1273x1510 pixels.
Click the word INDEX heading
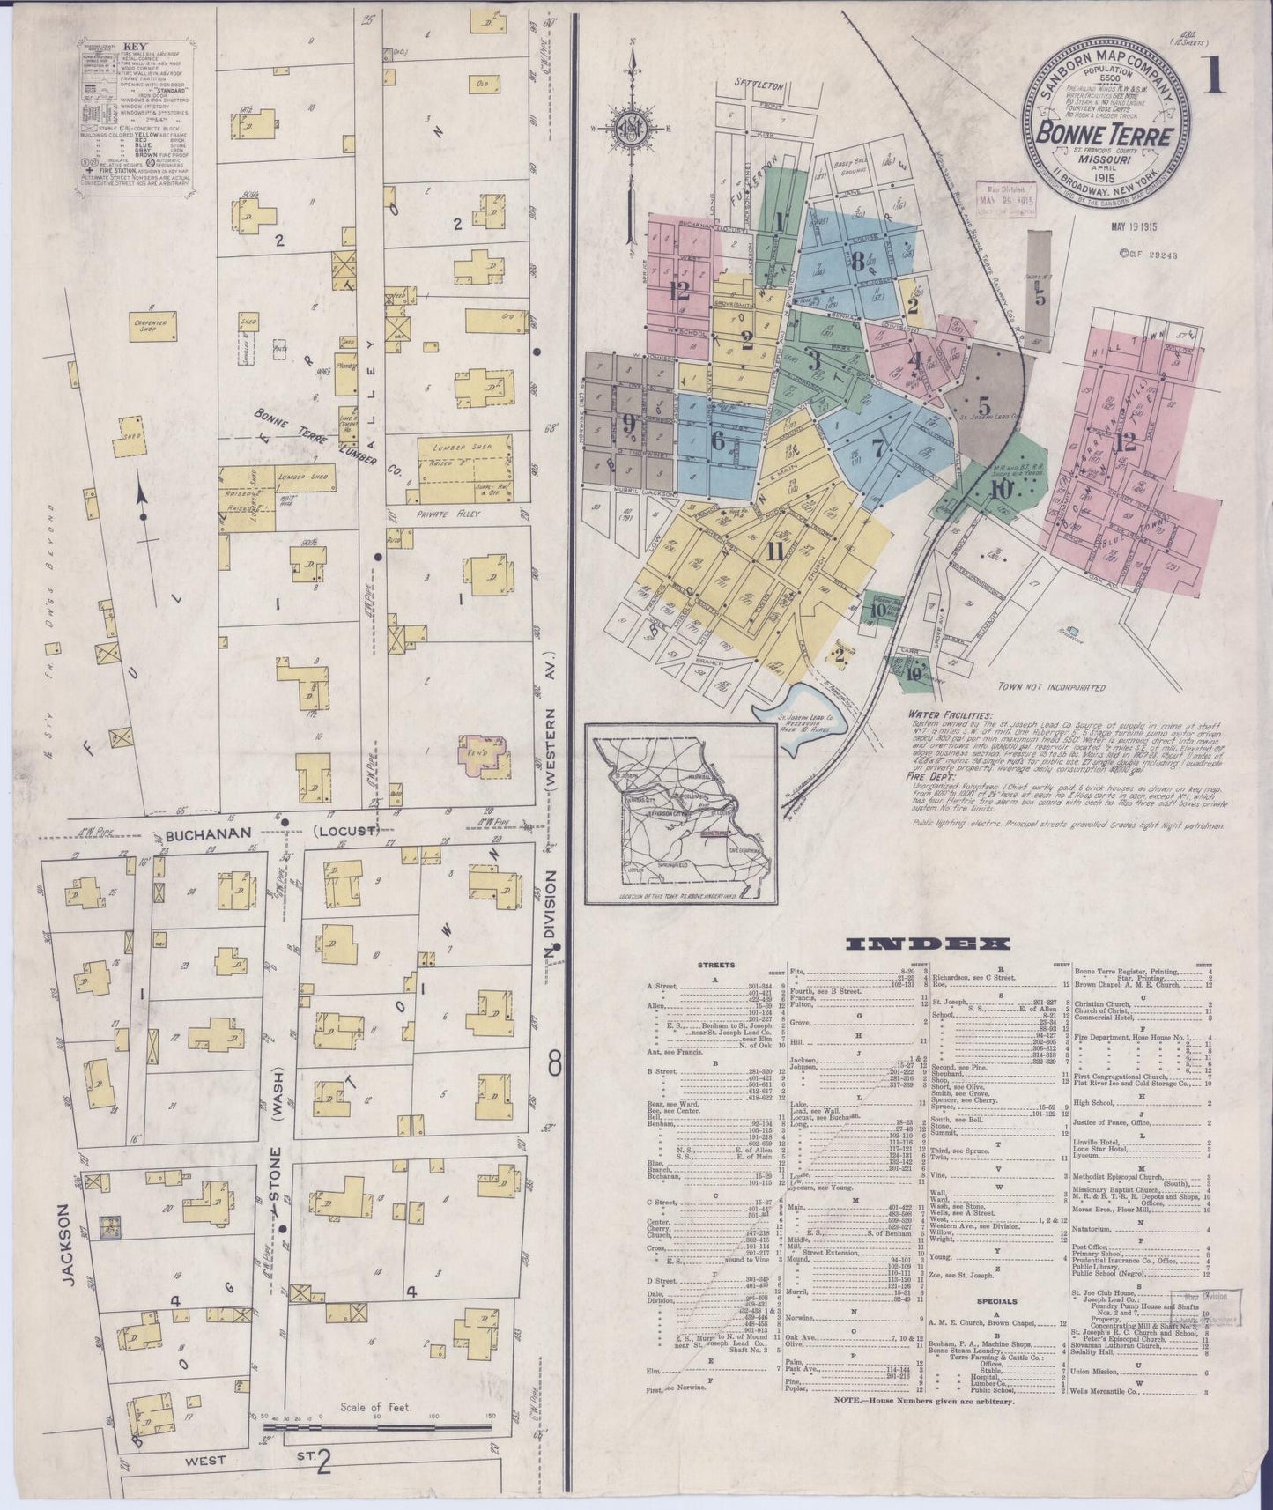click(927, 944)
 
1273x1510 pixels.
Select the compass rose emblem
click(631, 126)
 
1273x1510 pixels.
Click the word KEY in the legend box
click(134, 46)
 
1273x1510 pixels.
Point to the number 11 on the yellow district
click(774, 553)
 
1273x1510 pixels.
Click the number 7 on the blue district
click(877, 447)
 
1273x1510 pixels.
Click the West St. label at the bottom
click(204, 1460)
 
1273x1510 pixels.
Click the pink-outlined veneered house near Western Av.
click(483, 757)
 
